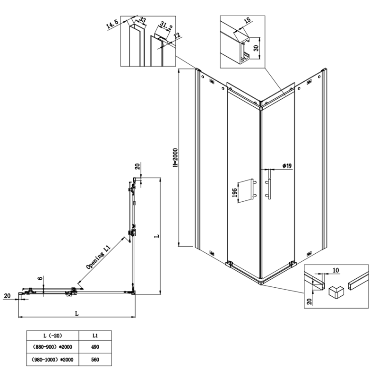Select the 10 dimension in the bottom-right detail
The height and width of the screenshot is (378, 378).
pos(335,271)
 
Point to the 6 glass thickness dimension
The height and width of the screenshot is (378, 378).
pos(42,278)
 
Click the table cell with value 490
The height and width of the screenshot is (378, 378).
pos(95,347)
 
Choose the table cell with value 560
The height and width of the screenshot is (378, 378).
pos(95,360)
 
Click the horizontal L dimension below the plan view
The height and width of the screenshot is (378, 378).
pos(77,312)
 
